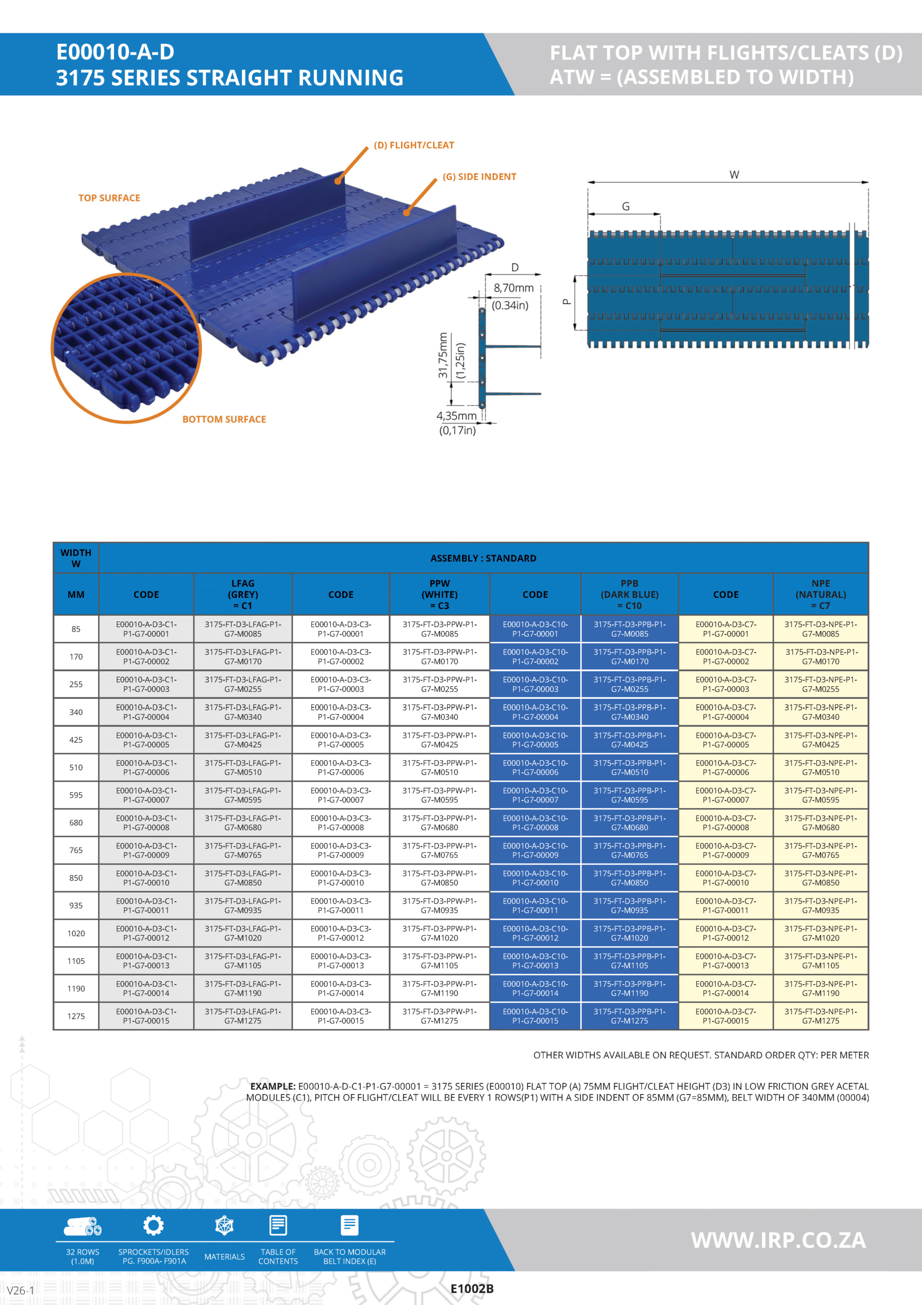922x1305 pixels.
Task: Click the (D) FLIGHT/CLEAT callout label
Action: pyautogui.click(x=414, y=145)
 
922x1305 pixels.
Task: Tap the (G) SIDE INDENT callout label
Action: pyautogui.click(x=479, y=177)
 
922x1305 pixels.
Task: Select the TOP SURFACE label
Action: pyautogui.click(x=109, y=198)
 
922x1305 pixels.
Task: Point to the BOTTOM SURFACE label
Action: pyautogui.click(x=224, y=420)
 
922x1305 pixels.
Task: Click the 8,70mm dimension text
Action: pyautogui.click(x=513, y=288)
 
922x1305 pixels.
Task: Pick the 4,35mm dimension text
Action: pyautogui.click(x=456, y=416)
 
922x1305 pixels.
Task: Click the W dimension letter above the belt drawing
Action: pyautogui.click(x=734, y=175)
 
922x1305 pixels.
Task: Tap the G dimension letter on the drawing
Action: pyautogui.click(x=626, y=207)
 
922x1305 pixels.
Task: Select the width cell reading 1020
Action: pyautogui.click(x=76, y=933)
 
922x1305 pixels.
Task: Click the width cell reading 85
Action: pyautogui.click(x=76, y=629)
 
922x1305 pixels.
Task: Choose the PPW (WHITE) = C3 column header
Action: pyautogui.click(x=439, y=594)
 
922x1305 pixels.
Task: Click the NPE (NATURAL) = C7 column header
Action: pyautogui.click(x=820, y=594)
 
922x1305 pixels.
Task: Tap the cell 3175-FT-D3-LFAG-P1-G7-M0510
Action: pyautogui.click(x=242, y=767)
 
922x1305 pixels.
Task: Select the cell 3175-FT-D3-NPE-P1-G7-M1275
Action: pyautogui.click(x=820, y=1016)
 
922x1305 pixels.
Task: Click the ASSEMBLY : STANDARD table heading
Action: pyautogui.click(x=483, y=558)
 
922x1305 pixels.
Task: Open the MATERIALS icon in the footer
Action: pyautogui.click(x=225, y=1226)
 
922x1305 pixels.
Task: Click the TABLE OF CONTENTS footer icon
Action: pyautogui.click(x=278, y=1226)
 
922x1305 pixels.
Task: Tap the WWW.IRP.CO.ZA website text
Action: pyautogui.click(x=778, y=1240)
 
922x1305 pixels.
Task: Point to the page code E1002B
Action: pyautogui.click(x=472, y=1289)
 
